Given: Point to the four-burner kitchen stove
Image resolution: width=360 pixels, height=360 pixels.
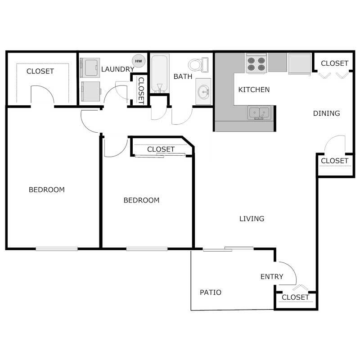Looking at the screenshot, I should [x=256, y=63].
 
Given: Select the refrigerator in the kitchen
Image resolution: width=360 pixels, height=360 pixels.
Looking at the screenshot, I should [x=299, y=63].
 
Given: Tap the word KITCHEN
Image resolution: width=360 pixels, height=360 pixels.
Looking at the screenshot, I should [x=254, y=90].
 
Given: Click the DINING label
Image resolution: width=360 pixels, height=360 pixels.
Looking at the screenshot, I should [x=326, y=113].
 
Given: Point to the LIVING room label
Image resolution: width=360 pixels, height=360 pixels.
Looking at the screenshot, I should [x=252, y=219].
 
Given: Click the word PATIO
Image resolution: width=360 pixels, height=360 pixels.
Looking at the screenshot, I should [x=210, y=292].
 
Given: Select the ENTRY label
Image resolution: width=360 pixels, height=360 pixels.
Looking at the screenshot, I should [x=272, y=276].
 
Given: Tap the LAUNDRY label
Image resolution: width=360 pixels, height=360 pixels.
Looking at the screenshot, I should [x=117, y=69].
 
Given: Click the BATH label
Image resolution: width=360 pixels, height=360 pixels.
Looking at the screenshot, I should [x=183, y=76].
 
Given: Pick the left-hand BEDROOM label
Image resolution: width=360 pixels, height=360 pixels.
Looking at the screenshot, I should [x=46, y=190].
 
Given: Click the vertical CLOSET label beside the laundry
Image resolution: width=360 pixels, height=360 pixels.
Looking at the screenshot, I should [x=141, y=90].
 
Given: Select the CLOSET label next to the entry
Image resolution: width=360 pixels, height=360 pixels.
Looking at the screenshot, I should [x=295, y=297].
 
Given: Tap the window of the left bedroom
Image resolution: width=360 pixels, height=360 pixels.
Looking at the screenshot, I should [x=57, y=248].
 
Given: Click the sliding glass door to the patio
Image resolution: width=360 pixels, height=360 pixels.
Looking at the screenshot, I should [x=228, y=248].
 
